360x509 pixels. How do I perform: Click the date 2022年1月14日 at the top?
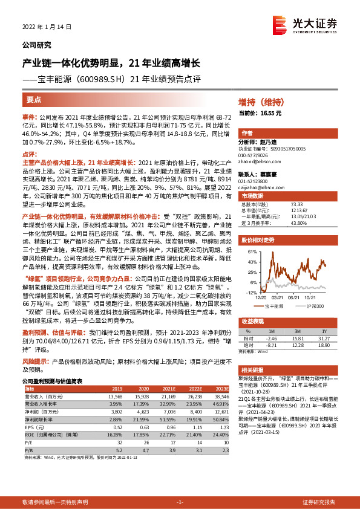[43, 27]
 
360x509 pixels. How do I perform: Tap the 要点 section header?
[34, 100]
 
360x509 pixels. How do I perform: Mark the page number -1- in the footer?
[180, 502]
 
